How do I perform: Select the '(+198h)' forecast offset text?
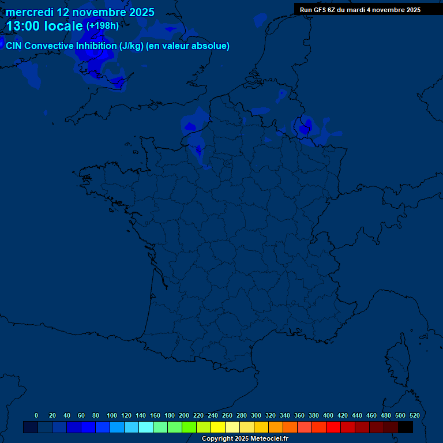coord(102,26)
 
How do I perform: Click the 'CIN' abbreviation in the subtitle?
coord(14,46)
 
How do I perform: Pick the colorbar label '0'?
coord(36,415)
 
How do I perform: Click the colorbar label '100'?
coord(112,415)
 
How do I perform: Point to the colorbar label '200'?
coord(184,415)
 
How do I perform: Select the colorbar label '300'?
coord(256,415)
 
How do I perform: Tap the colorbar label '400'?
coord(328,415)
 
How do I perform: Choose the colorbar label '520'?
coord(414,415)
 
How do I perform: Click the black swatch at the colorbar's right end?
coord(406,427)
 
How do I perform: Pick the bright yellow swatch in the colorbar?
coord(218,427)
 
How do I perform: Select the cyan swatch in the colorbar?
coord(146,427)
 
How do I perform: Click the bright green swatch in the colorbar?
coord(189,427)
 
